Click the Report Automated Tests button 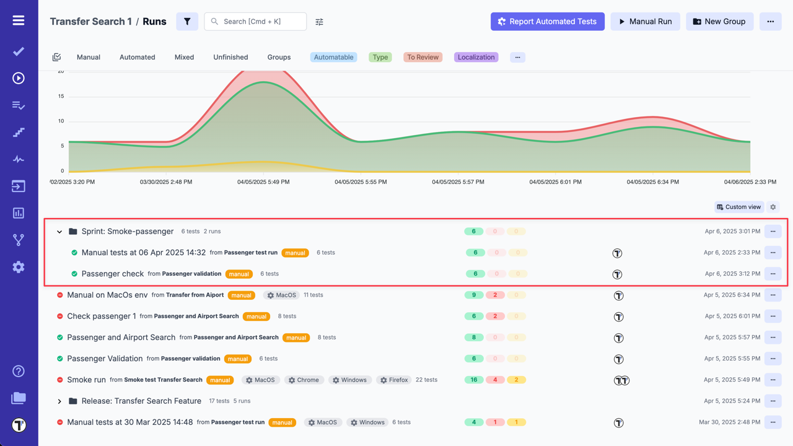pyautogui.click(x=547, y=22)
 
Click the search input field pyautogui.click(x=255, y=22)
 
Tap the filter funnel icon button pyautogui.click(x=187, y=22)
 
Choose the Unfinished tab pyautogui.click(x=230, y=57)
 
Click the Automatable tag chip pyautogui.click(x=333, y=57)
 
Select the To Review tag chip pyautogui.click(x=423, y=57)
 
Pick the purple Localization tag pyautogui.click(x=476, y=57)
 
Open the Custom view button pyautogui.click(x=738, y=207)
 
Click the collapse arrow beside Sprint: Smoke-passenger pyautogui.click(x=59, y=232)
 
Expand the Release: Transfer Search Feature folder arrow pyautogui.click(x=59, y=401)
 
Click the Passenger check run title pyautogui.click(x=112, y=274)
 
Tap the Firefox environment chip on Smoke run pyautogui.click(x=394, y=380)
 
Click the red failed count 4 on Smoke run pyautogui.click(x=495, y=380)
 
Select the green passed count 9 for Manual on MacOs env pyautogui.click(x=474, y=295)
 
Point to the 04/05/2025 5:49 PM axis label pyautogui.click(x=263, y=182)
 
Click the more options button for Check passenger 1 pyautogui.click(x=773, y=317)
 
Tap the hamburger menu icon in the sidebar pyautogui.click(x=19, y=20)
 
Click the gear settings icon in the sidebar pyautogui.click(x=19, y=267)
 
